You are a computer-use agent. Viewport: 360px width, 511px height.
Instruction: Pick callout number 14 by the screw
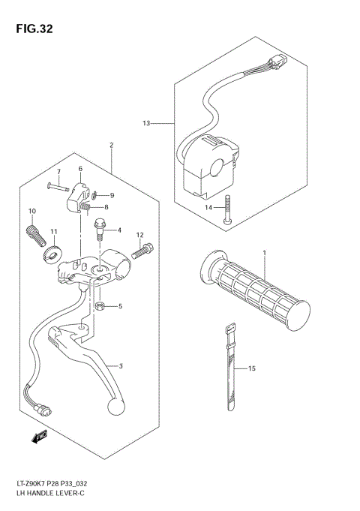point(209,206)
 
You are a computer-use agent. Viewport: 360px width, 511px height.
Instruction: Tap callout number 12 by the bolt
point(139,236)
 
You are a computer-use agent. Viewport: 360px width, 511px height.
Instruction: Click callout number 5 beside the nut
point(119,306)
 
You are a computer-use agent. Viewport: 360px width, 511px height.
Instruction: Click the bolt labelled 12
point(147,251)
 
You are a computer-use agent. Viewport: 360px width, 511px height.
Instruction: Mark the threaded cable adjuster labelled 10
point(34,234)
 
